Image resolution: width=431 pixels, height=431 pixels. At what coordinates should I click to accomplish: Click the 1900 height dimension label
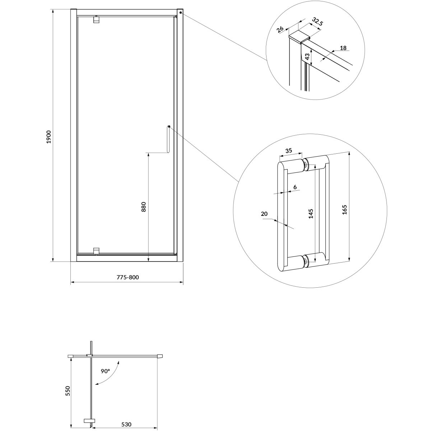(x=49, y=137)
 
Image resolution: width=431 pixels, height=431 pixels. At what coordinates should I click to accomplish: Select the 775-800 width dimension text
(x=128, y=277)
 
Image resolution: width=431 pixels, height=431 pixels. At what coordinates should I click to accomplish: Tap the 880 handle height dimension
(x=144, y=207)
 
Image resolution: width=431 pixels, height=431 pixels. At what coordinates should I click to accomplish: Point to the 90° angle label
(x=105, y=371)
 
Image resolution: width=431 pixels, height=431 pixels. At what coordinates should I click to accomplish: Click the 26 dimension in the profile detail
(x=280, y=29)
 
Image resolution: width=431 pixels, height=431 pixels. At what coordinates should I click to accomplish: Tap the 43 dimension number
(x=307, y=57)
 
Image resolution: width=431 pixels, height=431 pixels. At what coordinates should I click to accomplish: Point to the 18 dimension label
(x=343, y=48)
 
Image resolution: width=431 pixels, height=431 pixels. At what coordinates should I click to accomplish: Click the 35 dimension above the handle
(x=289, y=150)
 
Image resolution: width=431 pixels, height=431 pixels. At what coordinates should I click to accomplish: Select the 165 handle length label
(x=344, y=210)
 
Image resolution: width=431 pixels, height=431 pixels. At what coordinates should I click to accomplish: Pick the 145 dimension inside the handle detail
(x=311, y=214)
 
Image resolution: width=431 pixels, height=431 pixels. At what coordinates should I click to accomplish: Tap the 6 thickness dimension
(x=295, y=187)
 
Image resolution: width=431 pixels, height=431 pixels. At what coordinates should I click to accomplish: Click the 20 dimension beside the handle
(x=264, y=214)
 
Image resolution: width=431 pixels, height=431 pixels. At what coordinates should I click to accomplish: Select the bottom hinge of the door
(x=96, y=251)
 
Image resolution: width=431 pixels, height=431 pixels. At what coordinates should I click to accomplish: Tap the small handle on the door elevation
(x=168, y=139)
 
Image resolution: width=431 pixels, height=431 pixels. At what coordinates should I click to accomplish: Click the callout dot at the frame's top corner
(x=181, y=13)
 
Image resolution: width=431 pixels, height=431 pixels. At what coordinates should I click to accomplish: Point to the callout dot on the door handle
(x=169, y=126)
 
